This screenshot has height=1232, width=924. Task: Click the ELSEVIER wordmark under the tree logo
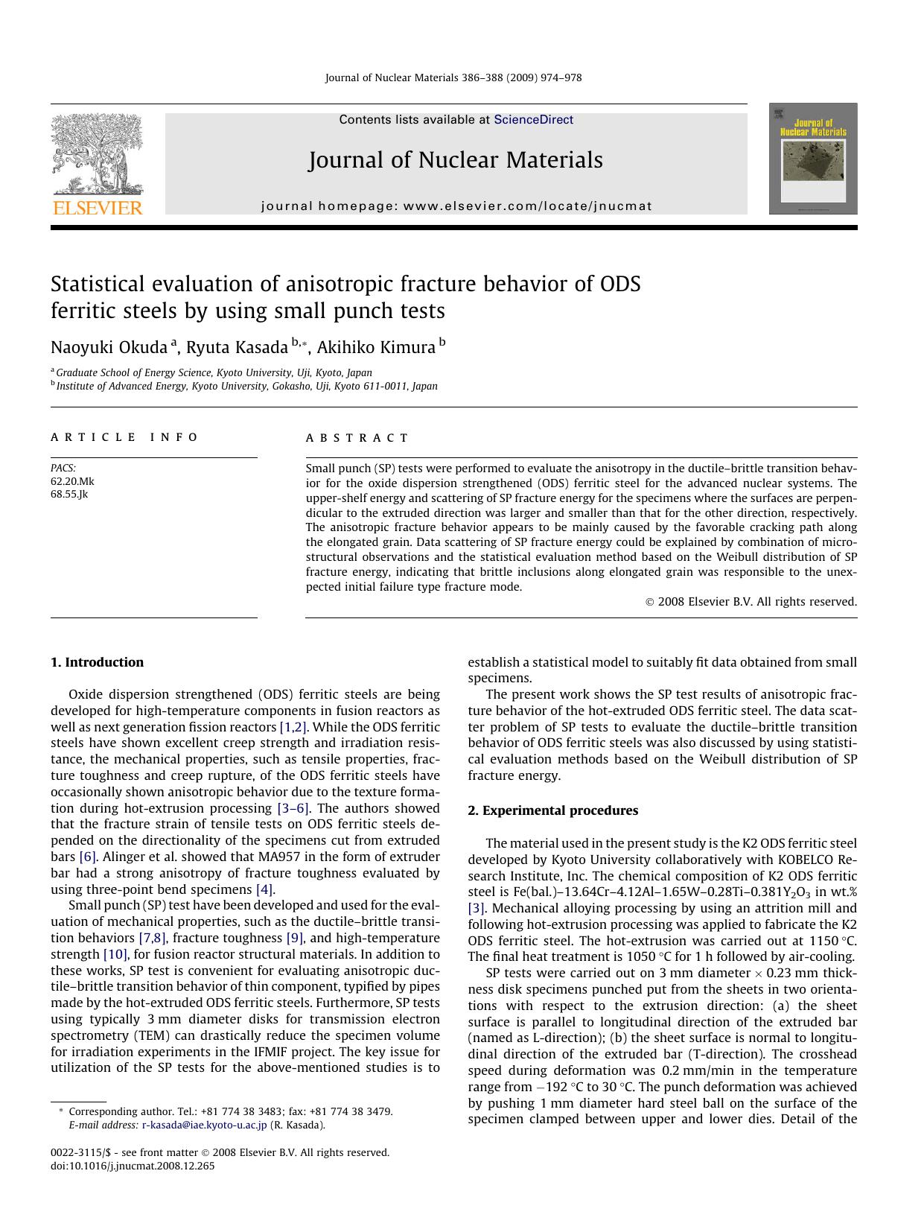[x=97, y=208]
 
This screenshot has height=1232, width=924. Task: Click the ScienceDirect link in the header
[x=533, y=119]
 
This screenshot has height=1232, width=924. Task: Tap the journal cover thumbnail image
[x=813, y=159]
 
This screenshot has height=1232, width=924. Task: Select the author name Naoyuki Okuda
[x=109, y=348]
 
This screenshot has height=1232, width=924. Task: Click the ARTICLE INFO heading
[x=124, y=437]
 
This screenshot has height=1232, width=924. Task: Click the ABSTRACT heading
[x=357, y=438]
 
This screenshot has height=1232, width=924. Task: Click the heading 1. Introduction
[x=97, y=662]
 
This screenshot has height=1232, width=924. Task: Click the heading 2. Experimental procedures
[x=552, y=810]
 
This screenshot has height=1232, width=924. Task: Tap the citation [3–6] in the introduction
[x=294, y=808]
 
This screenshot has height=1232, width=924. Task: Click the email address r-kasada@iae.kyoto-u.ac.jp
[x=204, y=1125]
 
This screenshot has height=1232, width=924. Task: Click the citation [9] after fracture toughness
[x=295, y=938]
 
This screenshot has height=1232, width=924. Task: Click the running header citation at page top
[x=453, y=77]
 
